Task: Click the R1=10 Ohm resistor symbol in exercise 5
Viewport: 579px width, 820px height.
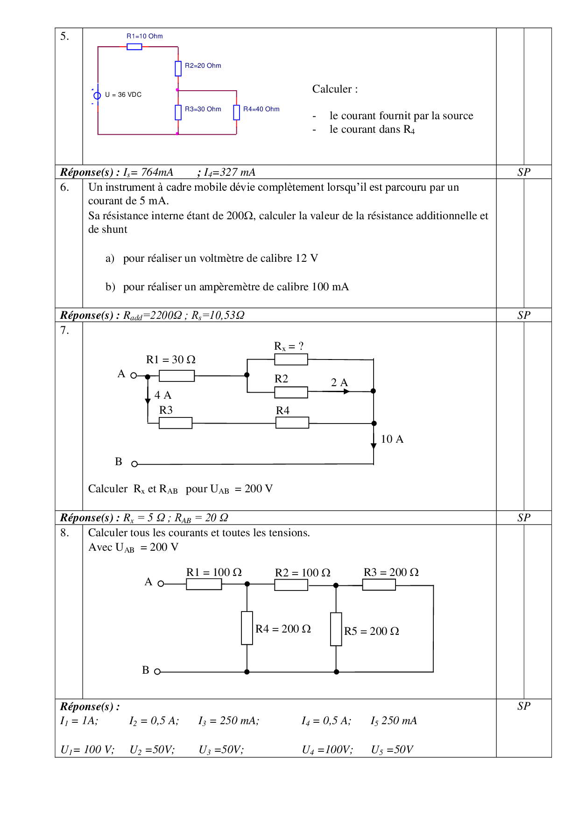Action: point(134,47)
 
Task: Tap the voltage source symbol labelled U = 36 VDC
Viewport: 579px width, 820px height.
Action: point(97,95)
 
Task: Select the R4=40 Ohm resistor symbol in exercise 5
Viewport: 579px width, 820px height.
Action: point(237,112)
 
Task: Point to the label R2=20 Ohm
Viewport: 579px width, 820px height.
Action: point(203,66)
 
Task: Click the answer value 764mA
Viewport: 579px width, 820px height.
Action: point(157,173)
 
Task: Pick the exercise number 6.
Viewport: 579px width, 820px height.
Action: point(64,187)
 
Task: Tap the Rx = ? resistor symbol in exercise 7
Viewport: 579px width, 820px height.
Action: point(291,359)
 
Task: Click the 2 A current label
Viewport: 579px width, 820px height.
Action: point(339,383)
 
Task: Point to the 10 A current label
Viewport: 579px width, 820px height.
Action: point(392,439)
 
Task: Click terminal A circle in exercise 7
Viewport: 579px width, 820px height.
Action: point(134,375)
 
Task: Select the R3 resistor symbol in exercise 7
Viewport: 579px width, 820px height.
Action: point(176,423)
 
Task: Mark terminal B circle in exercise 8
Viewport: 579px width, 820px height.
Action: point(157,672)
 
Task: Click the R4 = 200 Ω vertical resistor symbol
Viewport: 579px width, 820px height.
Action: point(247,628)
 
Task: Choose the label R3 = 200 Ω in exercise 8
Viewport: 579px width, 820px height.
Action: point(391,573)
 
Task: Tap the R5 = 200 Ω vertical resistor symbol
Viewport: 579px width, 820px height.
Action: point(336,629)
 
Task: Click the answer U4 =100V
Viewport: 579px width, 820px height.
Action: point(327,750)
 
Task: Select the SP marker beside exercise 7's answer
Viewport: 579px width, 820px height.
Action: point(524,518)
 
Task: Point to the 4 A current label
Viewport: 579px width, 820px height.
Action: point(162,396)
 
